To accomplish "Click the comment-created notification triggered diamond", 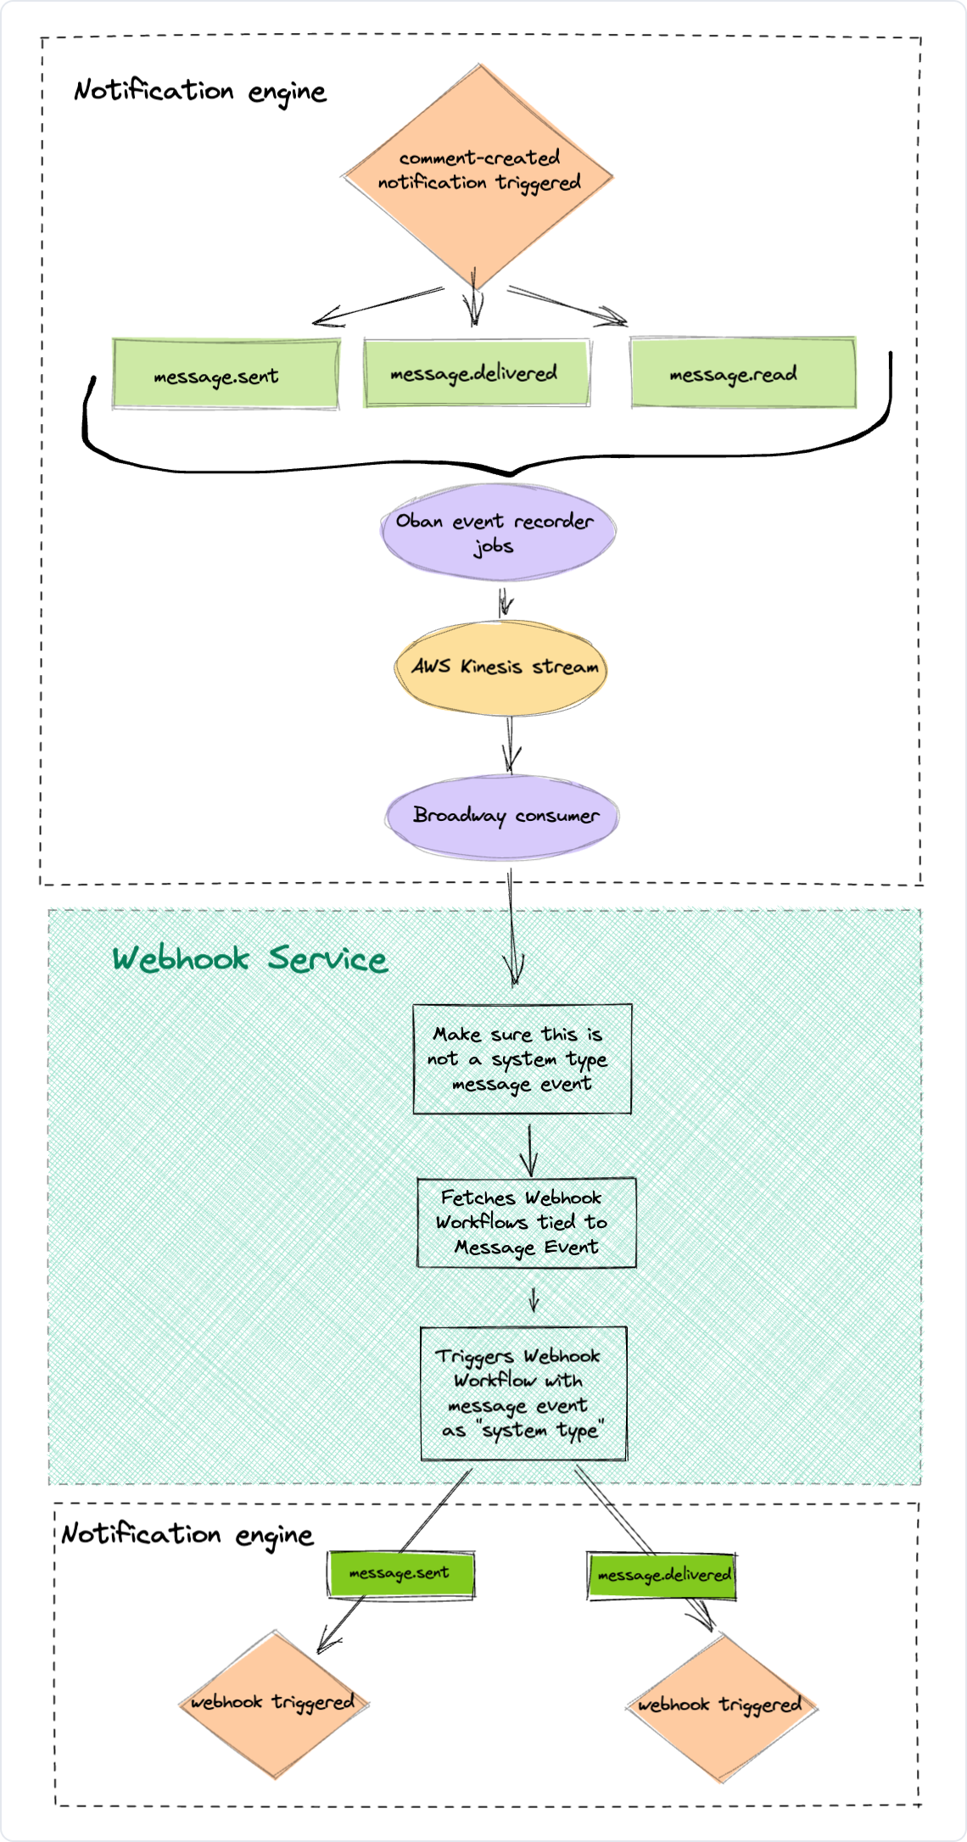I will pos(478,174).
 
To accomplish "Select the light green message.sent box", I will pos(226,375).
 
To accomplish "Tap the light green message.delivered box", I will pos(476,373).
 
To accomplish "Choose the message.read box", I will pos(743,373).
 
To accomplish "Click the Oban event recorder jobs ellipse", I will pos(497,533).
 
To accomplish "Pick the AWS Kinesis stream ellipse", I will pos(500,667).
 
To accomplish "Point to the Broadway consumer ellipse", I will pos(502,816).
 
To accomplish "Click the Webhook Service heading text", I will pos(250,959).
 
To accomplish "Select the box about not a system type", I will pos(522,1058).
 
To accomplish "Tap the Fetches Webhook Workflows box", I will pos(526,1222).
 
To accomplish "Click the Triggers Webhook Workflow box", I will pos(523,1393).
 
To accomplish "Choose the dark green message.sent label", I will pos(400,1574).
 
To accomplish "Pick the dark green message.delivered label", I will pos(662,1576).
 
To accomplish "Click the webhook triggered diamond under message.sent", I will pos(274,1703).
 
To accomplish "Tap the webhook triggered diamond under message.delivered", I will pos(722,1705).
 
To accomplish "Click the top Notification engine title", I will pos(200,91).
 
